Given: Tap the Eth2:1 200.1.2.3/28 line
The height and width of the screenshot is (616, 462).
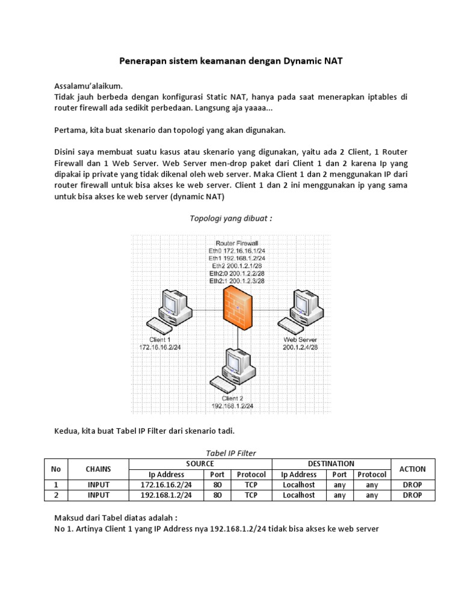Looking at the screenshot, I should (238, 281).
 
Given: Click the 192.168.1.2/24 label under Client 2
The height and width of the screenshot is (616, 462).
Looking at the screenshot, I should (233, 405).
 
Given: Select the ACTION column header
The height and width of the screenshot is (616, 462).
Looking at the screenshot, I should (412, 469).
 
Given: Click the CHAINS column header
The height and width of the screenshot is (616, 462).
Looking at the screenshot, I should (98, 469).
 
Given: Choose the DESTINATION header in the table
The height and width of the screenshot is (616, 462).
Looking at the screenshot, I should (331, 464).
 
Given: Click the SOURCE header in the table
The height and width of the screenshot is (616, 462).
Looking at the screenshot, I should (200, 464).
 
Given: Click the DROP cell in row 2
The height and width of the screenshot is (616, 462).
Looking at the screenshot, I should (412, 495).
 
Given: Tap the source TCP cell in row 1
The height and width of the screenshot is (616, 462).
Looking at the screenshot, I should (251, 485).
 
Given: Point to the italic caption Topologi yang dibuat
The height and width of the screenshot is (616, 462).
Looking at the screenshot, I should (232, 218).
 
